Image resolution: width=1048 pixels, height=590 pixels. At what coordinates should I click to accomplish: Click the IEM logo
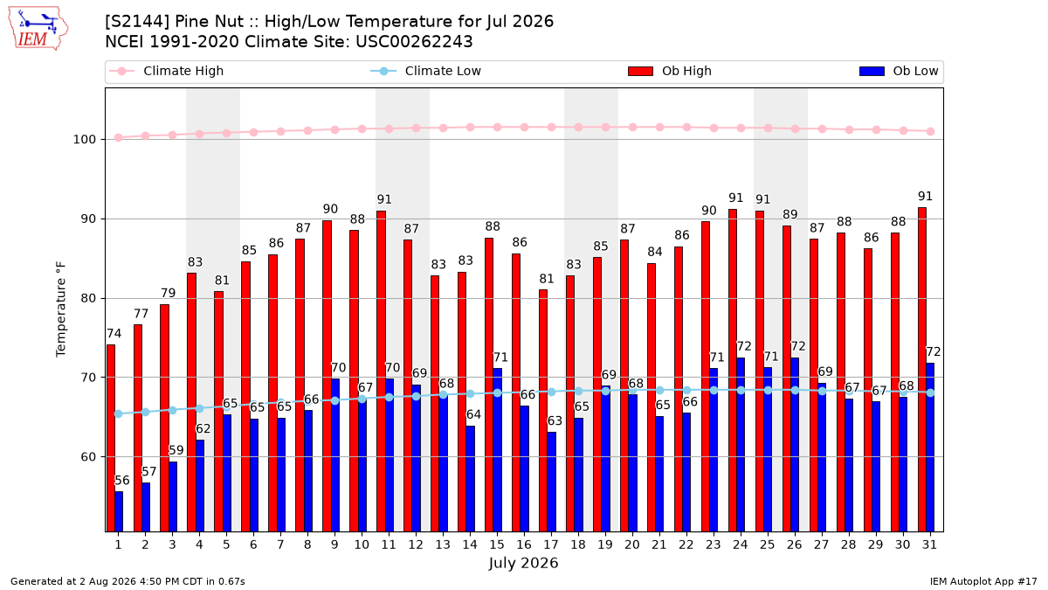[38, 29]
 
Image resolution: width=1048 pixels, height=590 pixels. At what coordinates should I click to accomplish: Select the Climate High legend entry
[166, 71]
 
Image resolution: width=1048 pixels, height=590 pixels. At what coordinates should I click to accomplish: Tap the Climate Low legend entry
[426, 71]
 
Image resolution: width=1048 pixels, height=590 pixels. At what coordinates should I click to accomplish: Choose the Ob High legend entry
[670, 71]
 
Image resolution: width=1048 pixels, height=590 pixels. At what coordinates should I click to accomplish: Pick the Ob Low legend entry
[899, 71]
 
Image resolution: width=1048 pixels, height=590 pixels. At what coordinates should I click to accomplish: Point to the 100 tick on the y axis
[84, 140]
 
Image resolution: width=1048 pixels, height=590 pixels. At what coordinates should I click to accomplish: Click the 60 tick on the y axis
[88, 457]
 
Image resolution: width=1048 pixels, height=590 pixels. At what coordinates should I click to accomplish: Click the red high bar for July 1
[111, 438]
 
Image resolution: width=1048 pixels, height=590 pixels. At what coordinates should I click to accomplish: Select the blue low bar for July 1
[119, 512]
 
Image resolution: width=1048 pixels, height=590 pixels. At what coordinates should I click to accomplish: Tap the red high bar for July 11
[382, 371]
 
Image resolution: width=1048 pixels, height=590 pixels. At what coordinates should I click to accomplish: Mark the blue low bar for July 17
[552, 482]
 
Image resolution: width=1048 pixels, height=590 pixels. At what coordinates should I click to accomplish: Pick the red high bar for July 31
[922, 370]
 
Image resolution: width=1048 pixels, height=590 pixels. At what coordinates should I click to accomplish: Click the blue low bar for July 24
[741, 445]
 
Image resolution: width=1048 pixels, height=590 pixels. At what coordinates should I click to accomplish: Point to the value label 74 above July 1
[114, 334]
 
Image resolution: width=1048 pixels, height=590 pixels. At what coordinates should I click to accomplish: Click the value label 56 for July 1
[122, 481]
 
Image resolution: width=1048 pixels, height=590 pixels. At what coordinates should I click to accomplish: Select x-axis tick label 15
[497, 545]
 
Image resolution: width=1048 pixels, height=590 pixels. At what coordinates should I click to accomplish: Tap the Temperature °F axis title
[61, 309]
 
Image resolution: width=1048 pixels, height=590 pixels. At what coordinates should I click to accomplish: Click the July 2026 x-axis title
[523, 563]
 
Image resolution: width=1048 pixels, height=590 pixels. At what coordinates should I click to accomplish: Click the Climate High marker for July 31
[930, 132]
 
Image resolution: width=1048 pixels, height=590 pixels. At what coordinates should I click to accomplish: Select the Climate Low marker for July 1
[119, 414]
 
